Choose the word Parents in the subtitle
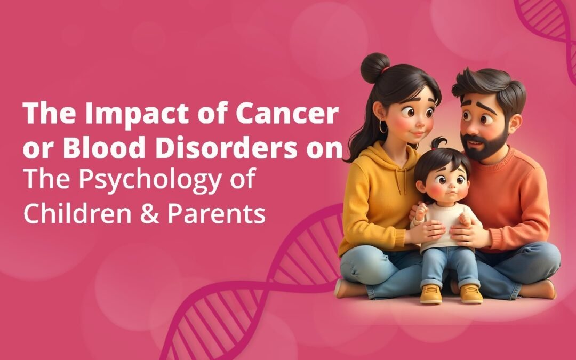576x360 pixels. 217,213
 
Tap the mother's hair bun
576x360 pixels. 375,68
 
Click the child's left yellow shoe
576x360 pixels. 431,294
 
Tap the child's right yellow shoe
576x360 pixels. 471,293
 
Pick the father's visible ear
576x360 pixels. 515,124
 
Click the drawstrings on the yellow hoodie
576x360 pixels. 400,178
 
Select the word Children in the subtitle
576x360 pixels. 77,213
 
